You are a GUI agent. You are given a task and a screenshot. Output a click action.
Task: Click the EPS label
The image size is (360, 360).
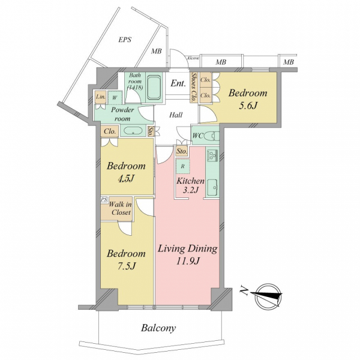pos(125,40)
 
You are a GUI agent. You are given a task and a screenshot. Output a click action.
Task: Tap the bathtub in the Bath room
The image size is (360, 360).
pos(154,87)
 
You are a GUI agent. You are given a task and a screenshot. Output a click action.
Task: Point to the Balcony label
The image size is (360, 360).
pos(158,328)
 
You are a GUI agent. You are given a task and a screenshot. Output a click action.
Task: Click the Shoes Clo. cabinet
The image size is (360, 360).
pos(194,87)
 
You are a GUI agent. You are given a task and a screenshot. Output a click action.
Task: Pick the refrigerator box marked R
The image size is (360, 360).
pos(183,166)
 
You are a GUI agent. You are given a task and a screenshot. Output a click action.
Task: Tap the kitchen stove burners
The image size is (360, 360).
pos(212,155)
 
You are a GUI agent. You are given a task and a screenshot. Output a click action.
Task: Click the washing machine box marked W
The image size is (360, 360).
pos(115,97)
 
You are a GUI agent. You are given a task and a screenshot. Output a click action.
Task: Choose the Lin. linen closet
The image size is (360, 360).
pos(101,97)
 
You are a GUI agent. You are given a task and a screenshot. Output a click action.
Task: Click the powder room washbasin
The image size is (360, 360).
pos(133,131)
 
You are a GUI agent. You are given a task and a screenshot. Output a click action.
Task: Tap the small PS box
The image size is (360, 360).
pos(104,199)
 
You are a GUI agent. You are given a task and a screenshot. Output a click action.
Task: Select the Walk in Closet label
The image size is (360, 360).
pos(121,208)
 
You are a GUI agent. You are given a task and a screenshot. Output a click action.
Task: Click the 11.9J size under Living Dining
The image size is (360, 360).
pos(188,261)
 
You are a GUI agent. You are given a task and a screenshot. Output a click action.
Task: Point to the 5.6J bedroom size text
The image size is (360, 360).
pos(248,106)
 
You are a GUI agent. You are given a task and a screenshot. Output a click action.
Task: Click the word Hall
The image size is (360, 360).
pos(176,115)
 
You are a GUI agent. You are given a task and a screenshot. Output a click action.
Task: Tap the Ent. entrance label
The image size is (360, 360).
pos(178,83)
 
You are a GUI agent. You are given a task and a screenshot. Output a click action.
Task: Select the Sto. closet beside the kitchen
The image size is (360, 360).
pos(182,152)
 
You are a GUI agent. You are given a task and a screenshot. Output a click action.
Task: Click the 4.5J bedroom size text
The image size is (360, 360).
pos(126,179)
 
